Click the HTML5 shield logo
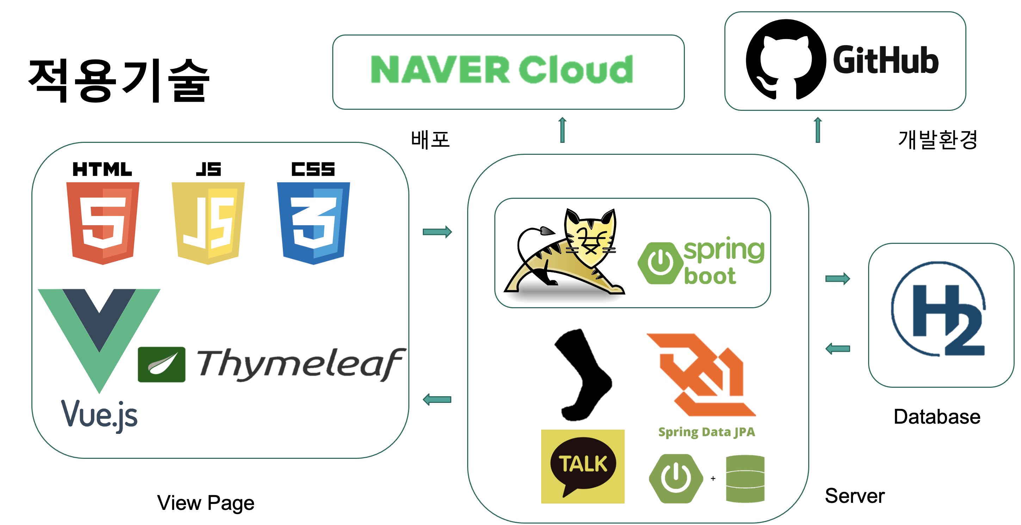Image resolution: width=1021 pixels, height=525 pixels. click(103, 222)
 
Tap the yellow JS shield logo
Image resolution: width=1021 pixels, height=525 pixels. click(208, 222)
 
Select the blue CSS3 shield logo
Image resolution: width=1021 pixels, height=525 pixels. click(313, 222)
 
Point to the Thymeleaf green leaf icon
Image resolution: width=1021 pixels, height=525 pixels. click(161, 364)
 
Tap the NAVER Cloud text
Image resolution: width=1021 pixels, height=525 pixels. click(502, 70)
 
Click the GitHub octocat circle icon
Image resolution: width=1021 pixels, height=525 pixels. click(786, 59)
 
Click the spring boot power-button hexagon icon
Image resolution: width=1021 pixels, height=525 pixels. click(659, 263)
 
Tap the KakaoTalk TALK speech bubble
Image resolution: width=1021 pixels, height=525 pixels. click(583, 466)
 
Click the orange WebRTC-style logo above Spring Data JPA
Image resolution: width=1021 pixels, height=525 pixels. click(701, 374)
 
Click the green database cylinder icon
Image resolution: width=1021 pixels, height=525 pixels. click(745, 479)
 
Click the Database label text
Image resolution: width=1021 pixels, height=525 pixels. click(936, 417)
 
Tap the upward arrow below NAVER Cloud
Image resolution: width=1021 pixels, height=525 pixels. click(562, 130)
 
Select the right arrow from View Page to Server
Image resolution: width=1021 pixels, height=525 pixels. click(437, 232)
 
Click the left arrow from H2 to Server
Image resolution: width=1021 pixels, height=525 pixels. click(837, 348)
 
